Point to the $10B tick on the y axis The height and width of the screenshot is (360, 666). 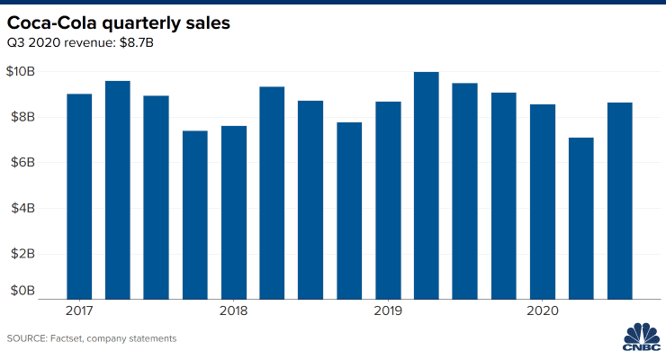pos(22,72)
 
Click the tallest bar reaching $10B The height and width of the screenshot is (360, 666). pos(427,184)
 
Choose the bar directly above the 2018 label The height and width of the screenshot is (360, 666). pos(233,211)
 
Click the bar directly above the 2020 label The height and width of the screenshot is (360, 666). pos(542,202)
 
